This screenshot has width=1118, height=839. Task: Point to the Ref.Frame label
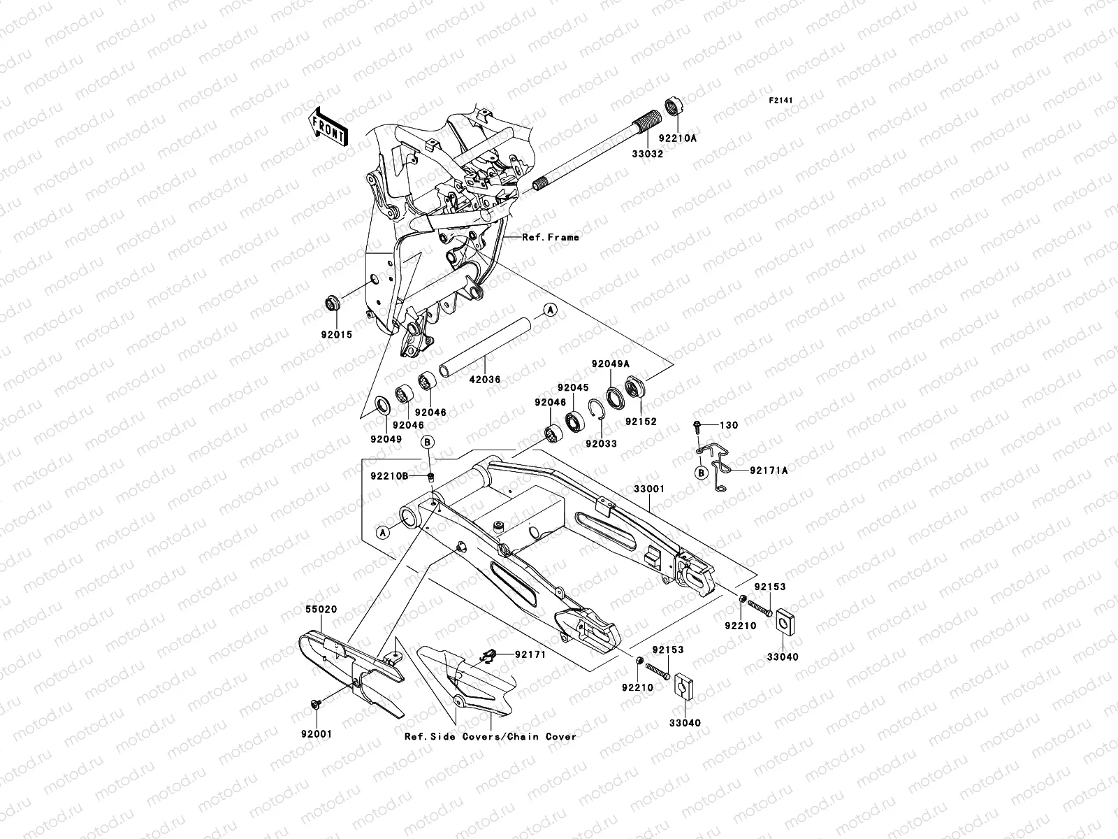(x=551, y=238)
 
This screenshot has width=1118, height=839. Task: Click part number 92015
(x=337, y=335)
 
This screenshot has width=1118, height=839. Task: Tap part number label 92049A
(x=610, y=364)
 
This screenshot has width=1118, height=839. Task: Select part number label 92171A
(x=769, y=471)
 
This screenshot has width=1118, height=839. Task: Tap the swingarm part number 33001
(x=649, y=489)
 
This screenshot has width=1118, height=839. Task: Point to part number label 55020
(x=321, y=610)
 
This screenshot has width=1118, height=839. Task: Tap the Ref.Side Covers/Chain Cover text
(x=491, y=736)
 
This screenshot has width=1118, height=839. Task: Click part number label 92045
(x=573, y=387)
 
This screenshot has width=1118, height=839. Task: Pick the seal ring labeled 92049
(x=384, y=406)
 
